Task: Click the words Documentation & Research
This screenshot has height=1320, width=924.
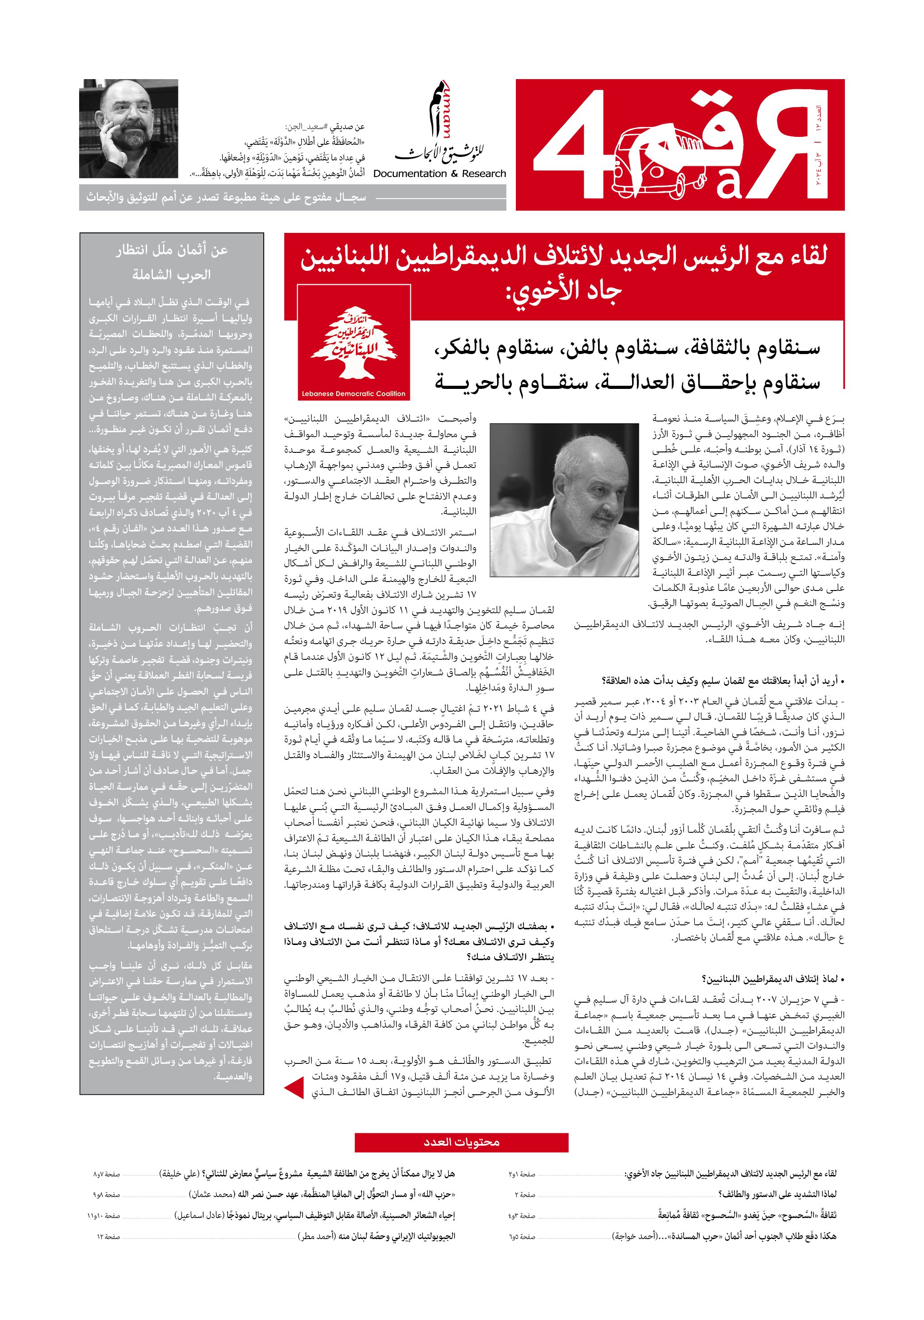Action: pos(439,173)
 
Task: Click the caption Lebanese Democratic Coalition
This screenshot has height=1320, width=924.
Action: pos(354,394)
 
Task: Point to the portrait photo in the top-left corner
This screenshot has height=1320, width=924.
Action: pos(128,128)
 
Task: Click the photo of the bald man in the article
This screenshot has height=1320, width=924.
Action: pos(564,500)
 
